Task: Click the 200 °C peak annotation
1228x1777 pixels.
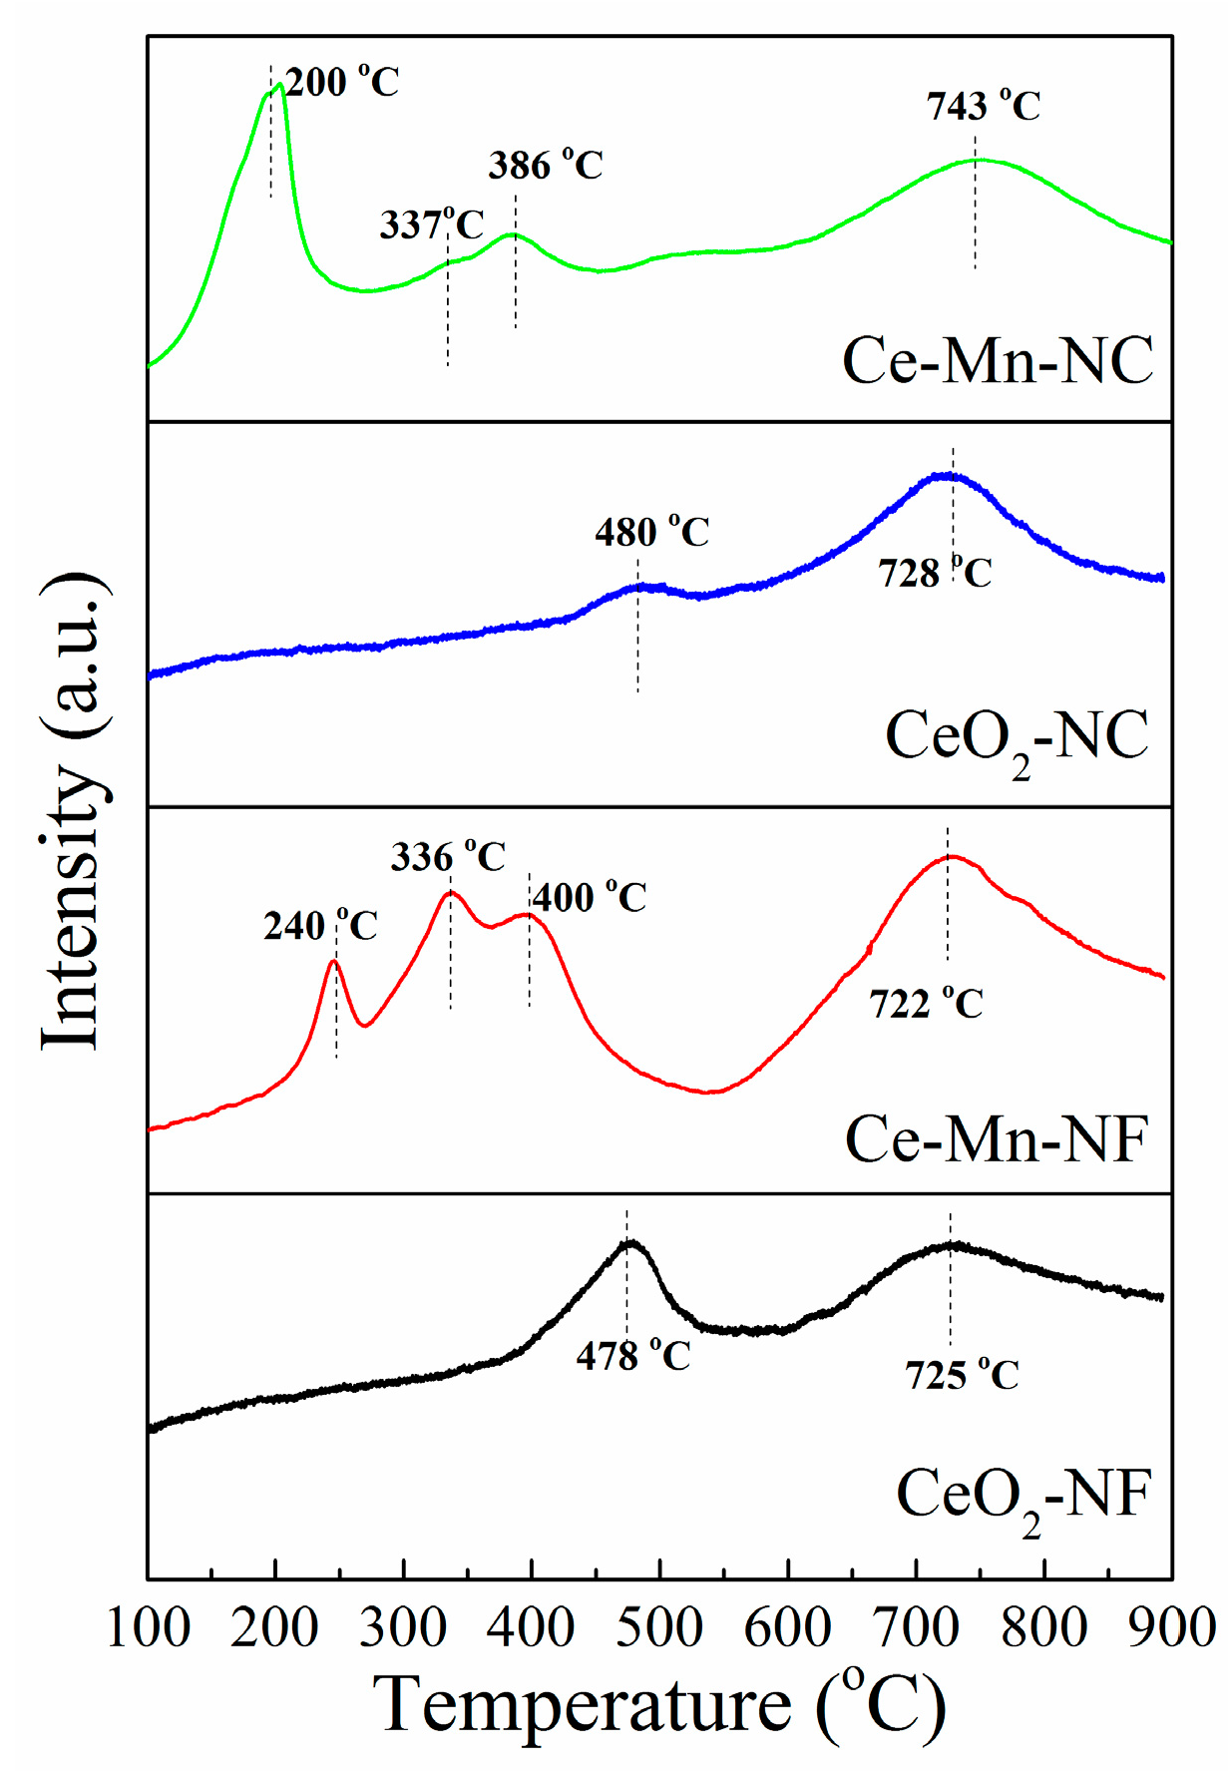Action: click(x=342, y=82)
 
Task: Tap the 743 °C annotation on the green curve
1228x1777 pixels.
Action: click(x=983, y=106)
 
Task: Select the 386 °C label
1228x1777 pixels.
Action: click(x=546, y=166)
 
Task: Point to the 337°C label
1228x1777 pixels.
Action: click(x=431, y=224)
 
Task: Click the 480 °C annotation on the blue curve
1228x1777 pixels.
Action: click(x=651, y=533)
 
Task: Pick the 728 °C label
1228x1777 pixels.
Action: click(x=935, y=574)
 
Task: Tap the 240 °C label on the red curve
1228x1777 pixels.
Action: click(x=320, y=927)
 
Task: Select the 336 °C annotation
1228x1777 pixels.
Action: click(x=448, y=857)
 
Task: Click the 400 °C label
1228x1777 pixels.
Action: click(x=590, y=898)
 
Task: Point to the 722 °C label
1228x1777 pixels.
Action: click(x=926, y=1004)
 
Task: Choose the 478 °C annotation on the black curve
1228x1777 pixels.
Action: click(x=632, y=1357)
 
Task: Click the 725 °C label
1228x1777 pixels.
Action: click(x=962, y=1376)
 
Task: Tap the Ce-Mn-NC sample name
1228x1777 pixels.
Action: click(x=998, y=360)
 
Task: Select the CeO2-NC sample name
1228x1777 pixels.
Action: click(x=1017, y=739)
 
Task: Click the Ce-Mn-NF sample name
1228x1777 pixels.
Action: click(x=997, y=1138)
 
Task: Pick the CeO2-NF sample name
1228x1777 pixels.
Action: click(x=1023, y=1498)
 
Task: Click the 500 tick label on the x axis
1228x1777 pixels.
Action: click(x=659, y=1629)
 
